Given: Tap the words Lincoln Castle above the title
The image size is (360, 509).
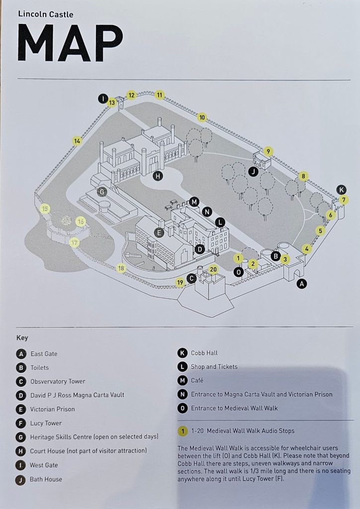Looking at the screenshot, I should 46,14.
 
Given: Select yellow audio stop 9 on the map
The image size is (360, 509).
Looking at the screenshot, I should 268,152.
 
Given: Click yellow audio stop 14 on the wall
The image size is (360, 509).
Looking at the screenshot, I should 77,141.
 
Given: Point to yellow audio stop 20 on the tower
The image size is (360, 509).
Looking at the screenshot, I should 213,269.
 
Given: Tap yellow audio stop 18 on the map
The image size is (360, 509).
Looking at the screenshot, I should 121,268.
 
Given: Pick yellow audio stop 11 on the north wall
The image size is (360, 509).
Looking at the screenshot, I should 160,94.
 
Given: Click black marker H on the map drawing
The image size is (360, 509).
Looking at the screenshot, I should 158,175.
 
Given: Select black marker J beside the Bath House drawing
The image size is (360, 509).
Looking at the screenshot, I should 253,172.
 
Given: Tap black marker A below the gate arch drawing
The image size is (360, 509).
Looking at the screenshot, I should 301,284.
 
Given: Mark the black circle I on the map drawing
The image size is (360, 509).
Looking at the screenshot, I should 103,98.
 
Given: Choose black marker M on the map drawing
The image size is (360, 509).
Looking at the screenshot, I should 194,201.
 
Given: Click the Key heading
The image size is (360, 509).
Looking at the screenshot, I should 22,338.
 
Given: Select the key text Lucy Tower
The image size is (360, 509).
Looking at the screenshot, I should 46,423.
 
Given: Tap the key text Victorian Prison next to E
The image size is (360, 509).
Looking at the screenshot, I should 52,409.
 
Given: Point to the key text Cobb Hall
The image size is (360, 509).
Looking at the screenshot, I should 204,353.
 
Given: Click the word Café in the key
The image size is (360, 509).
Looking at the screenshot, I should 197,380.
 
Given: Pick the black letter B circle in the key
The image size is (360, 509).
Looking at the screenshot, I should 21,368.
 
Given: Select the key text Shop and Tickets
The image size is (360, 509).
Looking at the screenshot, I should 214,367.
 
